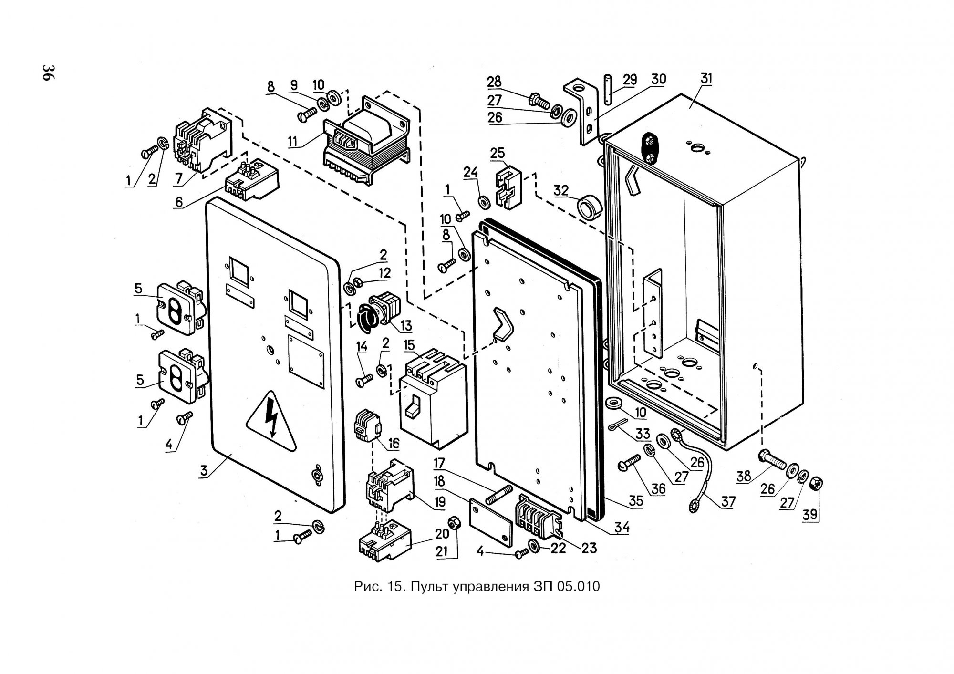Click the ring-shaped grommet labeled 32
click(589, 207)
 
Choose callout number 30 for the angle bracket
click(658, 78)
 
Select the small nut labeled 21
click(455, 522)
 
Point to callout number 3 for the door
click(204, 471)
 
